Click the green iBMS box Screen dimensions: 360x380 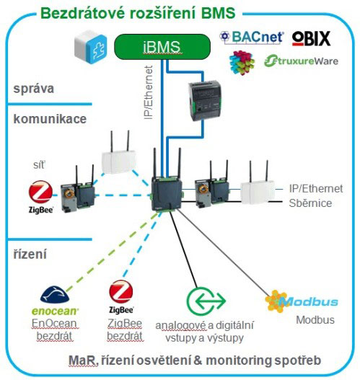pos(162,47)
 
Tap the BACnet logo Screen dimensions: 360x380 pos(252,37)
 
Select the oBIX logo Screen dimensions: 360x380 pos(311,38)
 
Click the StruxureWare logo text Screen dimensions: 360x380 pos(302,61)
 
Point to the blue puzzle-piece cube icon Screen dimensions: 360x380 pos(91,47)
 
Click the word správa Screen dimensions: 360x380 pos(33,89)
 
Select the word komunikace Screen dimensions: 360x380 pos(50,119)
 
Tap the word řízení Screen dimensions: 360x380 pos(30,254)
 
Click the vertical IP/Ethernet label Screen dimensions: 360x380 pos(149,92)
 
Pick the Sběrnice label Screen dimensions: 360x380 pos(310,203)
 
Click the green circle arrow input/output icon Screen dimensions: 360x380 pos(206,301)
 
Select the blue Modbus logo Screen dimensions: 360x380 pos(302,301)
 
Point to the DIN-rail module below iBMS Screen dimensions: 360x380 pos(205,101)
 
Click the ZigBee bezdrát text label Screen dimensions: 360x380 pos(125,330)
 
